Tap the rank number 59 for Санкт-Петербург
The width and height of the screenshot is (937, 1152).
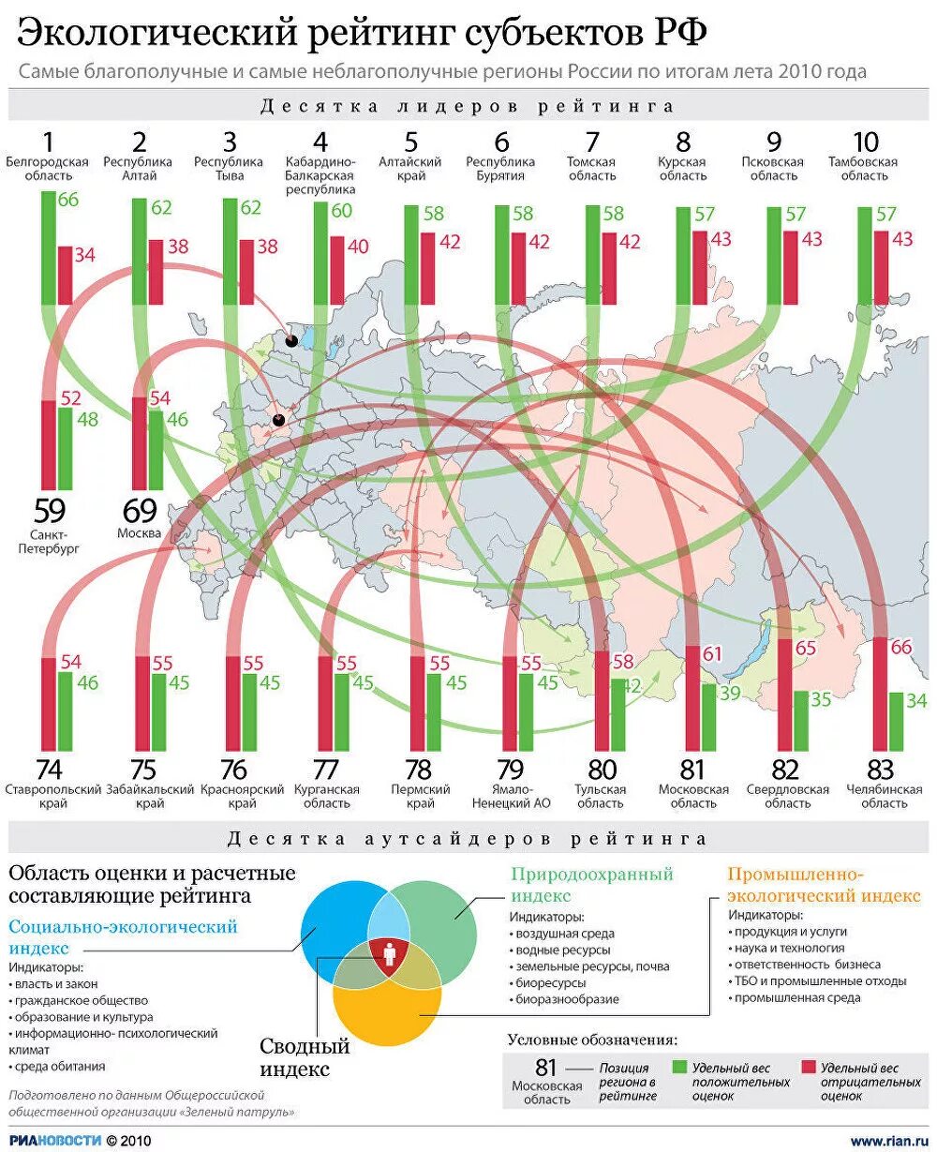click(x=50, y=511)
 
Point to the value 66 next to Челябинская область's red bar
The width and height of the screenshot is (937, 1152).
click(x=900, y=647)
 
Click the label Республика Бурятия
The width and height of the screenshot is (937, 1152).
click(x=501, y=169)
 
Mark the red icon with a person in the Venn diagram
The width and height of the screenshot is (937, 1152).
click(x=387, y=954)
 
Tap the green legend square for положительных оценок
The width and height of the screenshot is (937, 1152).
click(x=680, y=1068)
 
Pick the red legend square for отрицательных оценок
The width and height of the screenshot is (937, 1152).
click(x=809, y=1068)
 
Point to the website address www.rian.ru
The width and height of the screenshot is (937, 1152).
click(x=889, y=1140)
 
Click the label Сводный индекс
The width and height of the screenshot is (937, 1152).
click(x=305, y=1056)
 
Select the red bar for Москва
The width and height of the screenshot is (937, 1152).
click(x=140, y=443)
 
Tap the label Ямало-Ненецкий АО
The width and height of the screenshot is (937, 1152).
click(x=510, y=796)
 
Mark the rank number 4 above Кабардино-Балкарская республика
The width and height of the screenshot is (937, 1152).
click(x=320, y=142)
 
